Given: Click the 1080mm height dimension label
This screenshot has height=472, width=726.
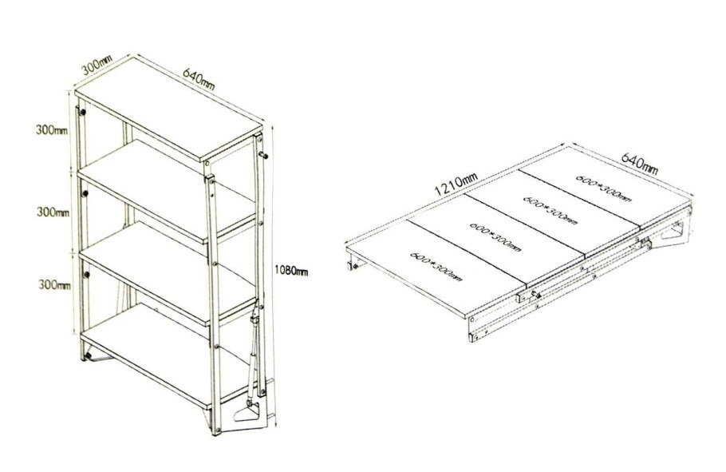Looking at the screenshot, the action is tap(291, 271).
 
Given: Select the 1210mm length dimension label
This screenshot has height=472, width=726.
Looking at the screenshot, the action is tap(456, 184).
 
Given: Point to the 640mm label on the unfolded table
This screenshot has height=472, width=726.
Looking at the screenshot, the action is tap(639, 163).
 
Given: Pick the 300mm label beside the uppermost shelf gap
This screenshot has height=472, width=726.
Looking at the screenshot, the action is tap(52, 130).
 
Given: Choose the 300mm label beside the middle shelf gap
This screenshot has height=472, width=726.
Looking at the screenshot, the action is tap(53, 212).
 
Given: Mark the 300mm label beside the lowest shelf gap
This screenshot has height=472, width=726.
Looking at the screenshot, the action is tap(54, 284).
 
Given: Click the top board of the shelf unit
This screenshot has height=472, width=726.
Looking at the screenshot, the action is tap(168, 109).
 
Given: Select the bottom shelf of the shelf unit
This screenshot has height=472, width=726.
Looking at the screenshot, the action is tap(162, 357).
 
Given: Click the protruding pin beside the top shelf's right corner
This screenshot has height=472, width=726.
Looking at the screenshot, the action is tap(263, 155).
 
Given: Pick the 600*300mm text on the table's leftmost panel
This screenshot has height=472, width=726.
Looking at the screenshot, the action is tap(436, 268).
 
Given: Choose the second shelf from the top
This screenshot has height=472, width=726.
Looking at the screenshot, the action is tap(167, 191).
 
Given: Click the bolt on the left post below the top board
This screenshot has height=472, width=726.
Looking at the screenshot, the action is tap(82, 112).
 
